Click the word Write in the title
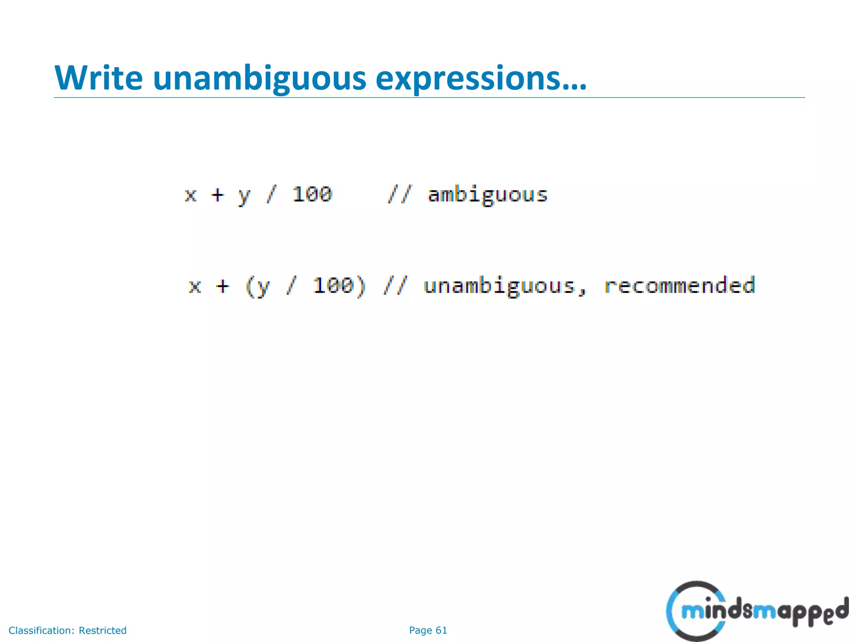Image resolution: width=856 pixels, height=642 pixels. pyautogui.click(x=99, y=78)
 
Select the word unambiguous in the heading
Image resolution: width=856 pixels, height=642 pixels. pyautogui.click(x=259, y=78)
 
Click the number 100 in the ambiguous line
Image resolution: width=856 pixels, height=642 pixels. pyautogui.click(x=312, y=194)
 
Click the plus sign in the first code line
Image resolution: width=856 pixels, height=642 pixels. pyautogui.click(x=217, y=195)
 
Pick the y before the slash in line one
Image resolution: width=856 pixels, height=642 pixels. pyautogui.click(x=244, y=196)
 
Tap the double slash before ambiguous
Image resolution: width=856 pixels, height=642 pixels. pyautogui.click(x=399, y=194)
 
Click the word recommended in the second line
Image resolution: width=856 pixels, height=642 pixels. pyautogui.click(x=680, y=285)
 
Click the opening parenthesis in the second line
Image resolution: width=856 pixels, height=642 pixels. pyautogui.click(x=250, y=286)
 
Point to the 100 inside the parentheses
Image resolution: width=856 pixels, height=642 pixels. pyautogui.click(x=334, y=285)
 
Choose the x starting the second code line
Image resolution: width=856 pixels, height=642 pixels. pyautogui.click(x=195, y=287)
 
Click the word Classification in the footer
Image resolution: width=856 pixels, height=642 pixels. pyautogui.click(x=42, y=630)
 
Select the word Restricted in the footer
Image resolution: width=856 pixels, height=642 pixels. pyautogui.click(x=102, y=630)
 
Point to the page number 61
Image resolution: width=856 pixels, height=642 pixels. pyautogui.click(x=441, y=630)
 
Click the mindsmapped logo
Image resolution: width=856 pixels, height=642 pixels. pyautogui.click(x=757, y=611)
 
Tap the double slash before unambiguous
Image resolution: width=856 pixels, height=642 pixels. pyautogui.click(x=395, y=286)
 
